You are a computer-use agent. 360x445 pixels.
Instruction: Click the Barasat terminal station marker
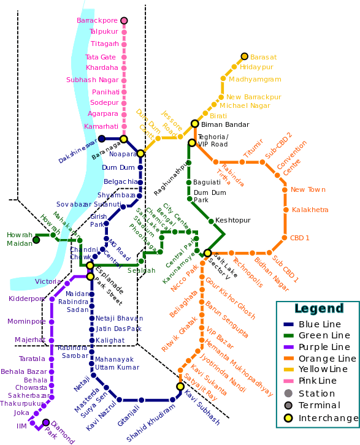(244, 56)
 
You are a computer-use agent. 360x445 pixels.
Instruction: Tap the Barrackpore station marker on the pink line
(124, 21)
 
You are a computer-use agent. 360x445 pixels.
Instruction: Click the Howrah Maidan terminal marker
(36, 240)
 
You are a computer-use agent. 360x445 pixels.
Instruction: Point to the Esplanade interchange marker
(90, 265)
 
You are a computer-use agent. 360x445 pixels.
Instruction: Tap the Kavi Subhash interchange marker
(180, 386)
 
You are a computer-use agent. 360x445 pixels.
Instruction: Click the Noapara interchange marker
(140, 153)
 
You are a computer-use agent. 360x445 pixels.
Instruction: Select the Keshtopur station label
(234, 220)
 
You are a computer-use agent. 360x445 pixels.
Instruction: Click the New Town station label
(308, 190)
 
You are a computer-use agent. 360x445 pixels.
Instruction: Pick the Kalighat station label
(110, 340)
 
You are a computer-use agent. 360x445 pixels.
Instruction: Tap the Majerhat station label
(30, 339)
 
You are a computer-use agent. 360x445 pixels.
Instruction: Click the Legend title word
(319, 308)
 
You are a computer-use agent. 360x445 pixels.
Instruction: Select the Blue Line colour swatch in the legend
(288, 324)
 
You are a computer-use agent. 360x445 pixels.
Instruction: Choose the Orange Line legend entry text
(327, 359)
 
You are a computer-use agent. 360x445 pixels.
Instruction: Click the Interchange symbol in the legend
(288, 418)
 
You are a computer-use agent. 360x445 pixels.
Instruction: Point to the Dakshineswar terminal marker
(102, 138)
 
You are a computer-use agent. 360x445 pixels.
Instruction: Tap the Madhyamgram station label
(255, 79)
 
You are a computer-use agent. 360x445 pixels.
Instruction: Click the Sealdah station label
(141, 270)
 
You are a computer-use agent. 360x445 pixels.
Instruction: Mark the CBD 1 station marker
(285, 237)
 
